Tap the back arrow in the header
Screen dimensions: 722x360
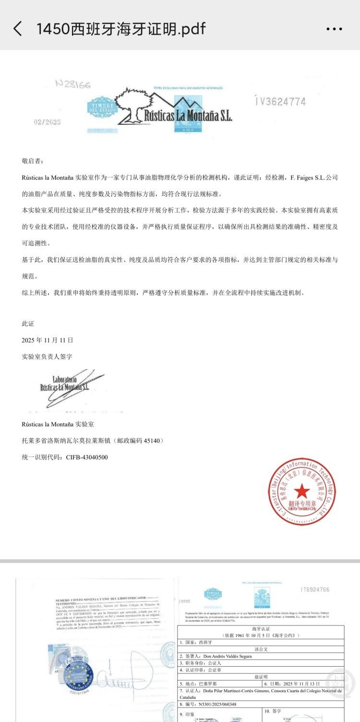(18, 29)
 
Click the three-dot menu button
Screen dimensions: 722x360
(334, 29)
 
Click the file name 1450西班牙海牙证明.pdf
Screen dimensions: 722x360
(120, 29)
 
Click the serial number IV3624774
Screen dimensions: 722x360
(280, 102)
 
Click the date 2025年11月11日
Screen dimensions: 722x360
(48, 340)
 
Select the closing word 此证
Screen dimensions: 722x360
(28, 324)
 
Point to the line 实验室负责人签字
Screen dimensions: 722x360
(48, 357)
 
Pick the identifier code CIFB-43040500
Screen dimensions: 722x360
(87, 457)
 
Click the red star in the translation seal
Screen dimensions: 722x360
(302, 491)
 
